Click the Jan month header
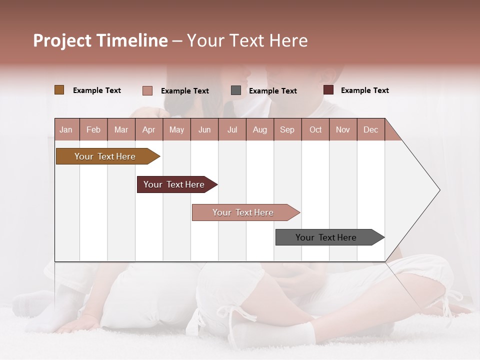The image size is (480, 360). (x=66, y=129)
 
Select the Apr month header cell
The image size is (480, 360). (x=148, y=129)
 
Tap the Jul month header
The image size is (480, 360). (x=232, y=129)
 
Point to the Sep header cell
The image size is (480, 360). (x=287, y=129)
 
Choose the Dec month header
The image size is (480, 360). (x=370, y=129)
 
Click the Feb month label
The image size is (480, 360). (x=93, y=129)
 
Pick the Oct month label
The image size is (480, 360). (x=315, y=129)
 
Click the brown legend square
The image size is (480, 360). (x=59, y=90)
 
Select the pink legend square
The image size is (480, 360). (x=147, y=90)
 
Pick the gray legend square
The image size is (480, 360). (x=236, y=90)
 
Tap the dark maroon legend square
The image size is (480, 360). (x=328, y=90)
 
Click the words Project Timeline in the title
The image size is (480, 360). (x=100, y=40)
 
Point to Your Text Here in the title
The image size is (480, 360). (x=247, y=40)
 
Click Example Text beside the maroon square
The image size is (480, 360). (x=364, y=90)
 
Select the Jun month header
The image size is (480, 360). (x=204, y=129)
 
